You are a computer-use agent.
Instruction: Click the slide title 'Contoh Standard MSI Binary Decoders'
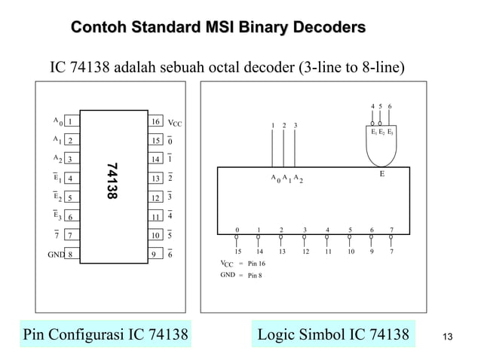(x=218, y=29)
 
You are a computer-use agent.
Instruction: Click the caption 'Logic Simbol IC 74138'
(x=333, y=334)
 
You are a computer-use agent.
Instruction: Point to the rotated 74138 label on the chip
(x=112, y=182)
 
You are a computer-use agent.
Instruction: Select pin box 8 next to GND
(x=69, y=255)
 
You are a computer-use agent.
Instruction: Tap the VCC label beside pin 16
(x=174, y=121)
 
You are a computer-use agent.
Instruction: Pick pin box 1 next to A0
(x=69, y=121)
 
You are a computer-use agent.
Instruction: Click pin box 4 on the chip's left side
(x=69, y=179)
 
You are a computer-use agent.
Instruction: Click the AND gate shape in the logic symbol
(x=381, y=148)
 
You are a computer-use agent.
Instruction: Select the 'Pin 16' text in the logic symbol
(x=257, y=264)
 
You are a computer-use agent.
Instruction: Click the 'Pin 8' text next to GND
(x=255, y=276)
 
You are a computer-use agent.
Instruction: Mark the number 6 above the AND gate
(x=390, y=106)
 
